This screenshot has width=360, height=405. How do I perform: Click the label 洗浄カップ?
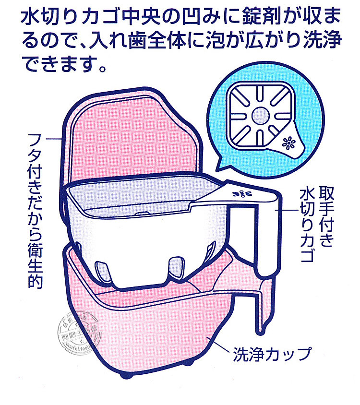[x=272, y=354]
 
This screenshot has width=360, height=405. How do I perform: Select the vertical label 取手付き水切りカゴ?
[x=314, y=223]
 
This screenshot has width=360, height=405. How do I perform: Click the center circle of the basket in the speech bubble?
[x=262, y=115]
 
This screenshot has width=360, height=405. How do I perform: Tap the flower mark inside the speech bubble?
[x=289, y=143]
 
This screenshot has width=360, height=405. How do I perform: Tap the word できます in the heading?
[x=62, y=62]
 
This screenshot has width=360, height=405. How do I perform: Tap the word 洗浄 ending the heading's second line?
[x=323, y=40]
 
